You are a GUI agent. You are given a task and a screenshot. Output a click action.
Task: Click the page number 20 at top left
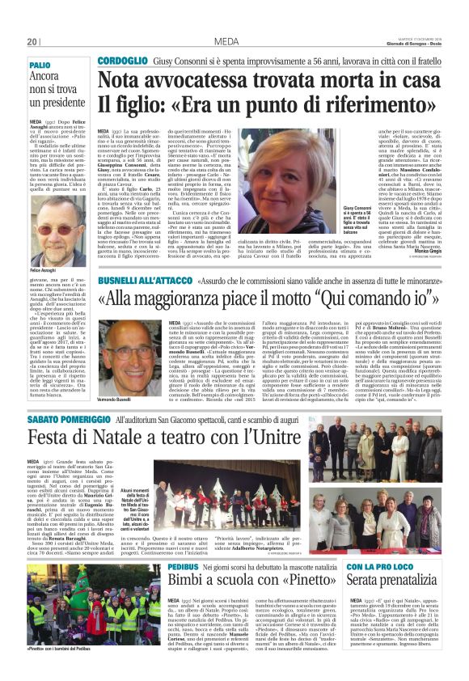(32, 41)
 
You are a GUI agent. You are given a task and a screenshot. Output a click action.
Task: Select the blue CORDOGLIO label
(122, 61)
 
